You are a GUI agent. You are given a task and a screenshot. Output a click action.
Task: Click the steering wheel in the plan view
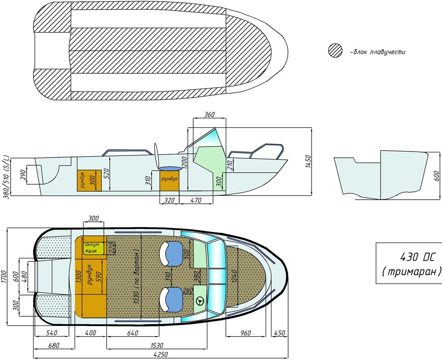click(200, 301)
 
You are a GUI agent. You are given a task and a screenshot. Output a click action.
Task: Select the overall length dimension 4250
click(161, 355)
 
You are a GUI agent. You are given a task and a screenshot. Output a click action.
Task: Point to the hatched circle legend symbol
click(335, 51)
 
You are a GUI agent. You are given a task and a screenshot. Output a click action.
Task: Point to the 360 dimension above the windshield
click(210, 114)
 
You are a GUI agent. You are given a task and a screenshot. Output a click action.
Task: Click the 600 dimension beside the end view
click(437, 176)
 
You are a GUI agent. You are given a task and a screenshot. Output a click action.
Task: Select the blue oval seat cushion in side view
click(170, 168)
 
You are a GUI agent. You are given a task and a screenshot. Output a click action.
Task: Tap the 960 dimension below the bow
click(245, 333)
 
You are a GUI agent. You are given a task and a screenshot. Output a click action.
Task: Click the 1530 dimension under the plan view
click(157, 345)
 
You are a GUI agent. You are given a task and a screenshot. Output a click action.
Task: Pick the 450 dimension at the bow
click(280, 333)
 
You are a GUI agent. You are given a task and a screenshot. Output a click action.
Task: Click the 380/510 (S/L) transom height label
click(6, 177)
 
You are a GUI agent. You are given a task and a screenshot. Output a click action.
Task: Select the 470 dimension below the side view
click(196, 200)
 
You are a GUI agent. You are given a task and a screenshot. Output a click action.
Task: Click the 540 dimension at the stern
click(52, 333)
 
